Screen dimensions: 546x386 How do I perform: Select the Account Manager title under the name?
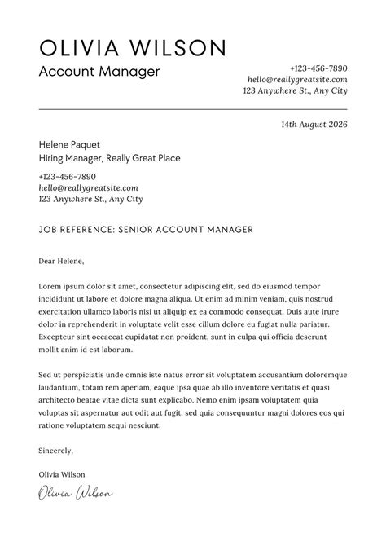coord(99,72)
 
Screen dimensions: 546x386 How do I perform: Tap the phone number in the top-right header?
coord(318,68)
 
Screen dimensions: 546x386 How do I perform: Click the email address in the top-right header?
coord(297,80)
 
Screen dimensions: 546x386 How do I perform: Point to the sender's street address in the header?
coord(295,91)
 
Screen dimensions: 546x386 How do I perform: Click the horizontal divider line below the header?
coord(193,108)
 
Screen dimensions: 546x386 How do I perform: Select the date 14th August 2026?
coord(314,125)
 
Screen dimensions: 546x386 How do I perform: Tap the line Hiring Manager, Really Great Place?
coord(109,158)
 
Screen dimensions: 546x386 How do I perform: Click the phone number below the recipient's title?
coord(67,176)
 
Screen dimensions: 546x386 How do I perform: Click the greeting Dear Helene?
coord(61,262)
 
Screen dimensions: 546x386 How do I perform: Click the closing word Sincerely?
coord(56,450)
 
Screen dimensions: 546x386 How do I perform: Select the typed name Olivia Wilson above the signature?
coord(61,474)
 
